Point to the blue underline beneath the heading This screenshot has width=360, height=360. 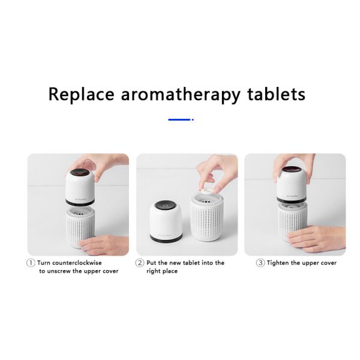(180, 119)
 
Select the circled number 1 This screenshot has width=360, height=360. (31, 263)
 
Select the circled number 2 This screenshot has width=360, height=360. (140, 263)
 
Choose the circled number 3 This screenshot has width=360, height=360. (260, 263)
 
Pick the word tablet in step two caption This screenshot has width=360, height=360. (195, 263)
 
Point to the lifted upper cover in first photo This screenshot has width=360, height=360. (81, 184)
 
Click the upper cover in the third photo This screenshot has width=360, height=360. (295, 184)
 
